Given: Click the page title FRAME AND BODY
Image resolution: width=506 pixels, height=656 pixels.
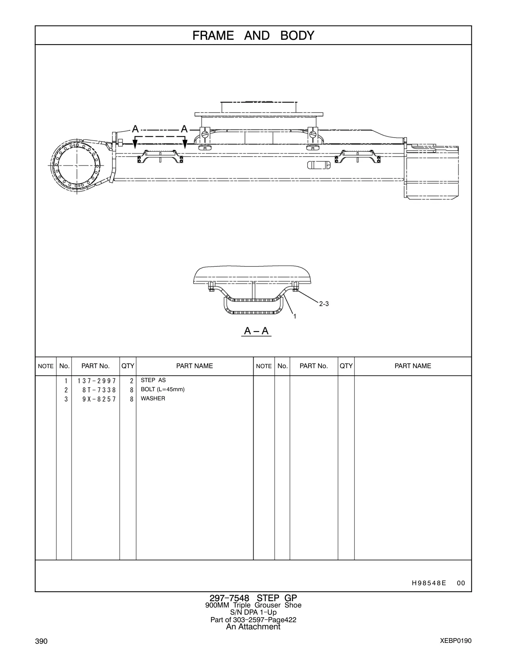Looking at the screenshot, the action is tap(253, 36).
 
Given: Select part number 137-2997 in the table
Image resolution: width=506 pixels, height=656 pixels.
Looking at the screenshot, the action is tap(97, 381).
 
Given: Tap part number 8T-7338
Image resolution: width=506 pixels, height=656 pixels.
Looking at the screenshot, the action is tap(99, 390).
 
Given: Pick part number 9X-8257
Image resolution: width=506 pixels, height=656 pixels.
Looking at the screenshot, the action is tap(99, 399).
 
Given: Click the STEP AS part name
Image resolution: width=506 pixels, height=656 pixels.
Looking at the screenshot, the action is tap(153, 380).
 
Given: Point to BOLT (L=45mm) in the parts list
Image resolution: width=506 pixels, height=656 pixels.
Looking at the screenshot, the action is tap(163, 390).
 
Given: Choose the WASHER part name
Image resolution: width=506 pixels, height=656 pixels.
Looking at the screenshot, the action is tap(153, 398).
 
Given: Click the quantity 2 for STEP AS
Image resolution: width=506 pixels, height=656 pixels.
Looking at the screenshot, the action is tap(132, 381).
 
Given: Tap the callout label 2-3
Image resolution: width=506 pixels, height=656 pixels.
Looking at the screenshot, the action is tap(324, 304).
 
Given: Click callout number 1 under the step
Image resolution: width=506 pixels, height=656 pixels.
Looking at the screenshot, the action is tap(295, 316).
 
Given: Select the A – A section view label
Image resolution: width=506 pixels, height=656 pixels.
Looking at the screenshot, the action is tap(256, 331).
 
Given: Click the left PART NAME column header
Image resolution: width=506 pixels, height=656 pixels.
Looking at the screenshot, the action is tap(195, 366).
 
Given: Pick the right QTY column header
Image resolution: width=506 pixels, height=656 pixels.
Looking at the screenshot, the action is tap(346, 366).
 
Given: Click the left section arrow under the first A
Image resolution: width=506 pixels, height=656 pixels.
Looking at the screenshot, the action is tap(135, 142).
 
